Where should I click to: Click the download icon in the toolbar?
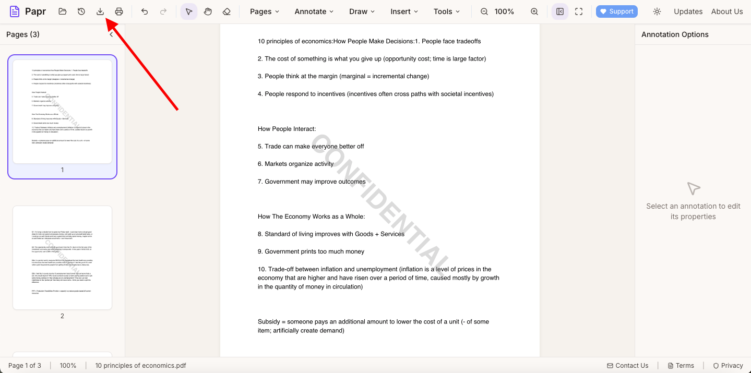click(x=100, y=11)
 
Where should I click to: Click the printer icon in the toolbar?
click(x=119, y=11)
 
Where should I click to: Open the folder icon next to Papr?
click(x=63, y=11)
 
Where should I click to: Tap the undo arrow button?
click(x=145, y=11)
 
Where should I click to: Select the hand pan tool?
click(x=208, y=11)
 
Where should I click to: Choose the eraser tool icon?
click(x=227, y=11)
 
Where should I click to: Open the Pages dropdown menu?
click(x=265, y=11)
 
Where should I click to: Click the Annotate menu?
click(x=314, y=11)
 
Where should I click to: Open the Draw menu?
click(x=362, y=11)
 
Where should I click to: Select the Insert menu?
click(x=404, y=11)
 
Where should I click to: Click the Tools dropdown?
click(x=447, y=11)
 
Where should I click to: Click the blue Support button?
click(x=616, y=11)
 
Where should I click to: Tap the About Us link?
click(x=727, y=11)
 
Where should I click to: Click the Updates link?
click(x=688, y=11)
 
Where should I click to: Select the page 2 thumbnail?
click(x=62, y=257)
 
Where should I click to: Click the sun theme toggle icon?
click(x=657, y=11)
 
